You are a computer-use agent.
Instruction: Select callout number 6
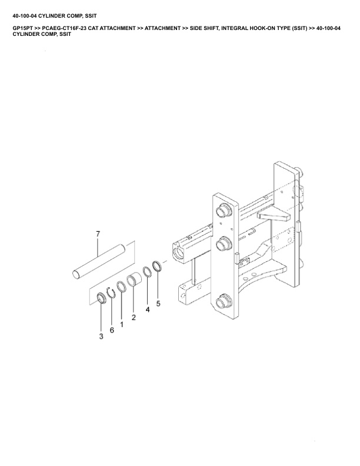click(111, 330)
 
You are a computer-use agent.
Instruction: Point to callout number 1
click(122, 324)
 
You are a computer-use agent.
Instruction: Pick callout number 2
click(134, 318)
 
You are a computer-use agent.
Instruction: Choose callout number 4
click(148, 309)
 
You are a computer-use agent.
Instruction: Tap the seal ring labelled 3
click(101, 298)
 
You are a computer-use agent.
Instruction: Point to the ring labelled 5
click(157, 266)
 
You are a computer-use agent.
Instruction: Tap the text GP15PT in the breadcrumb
click(23, 28)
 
